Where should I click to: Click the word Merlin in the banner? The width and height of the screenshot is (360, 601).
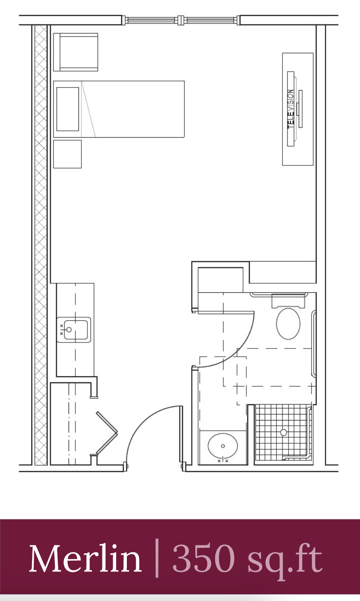(85, 559)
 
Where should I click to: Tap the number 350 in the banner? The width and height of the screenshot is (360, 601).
(204, 559)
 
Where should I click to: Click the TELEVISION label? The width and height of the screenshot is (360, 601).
(291, 109)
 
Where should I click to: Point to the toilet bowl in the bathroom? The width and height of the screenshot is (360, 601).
(288, 324)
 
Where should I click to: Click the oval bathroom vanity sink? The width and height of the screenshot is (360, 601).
(223, 446)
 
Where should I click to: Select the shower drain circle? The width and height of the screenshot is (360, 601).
(284, 432)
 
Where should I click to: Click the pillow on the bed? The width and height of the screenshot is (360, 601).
(68, 109)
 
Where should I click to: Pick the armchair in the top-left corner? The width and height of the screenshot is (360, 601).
(76, 52)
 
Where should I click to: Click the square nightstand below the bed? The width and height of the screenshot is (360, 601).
(67, 154)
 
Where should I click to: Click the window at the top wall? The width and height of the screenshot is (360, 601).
(181, 20)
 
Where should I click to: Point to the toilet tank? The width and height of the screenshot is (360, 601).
(288, 301)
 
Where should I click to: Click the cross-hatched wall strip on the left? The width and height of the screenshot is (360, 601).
(41, 245)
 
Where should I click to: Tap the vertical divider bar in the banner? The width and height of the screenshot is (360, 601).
(157, 559)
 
